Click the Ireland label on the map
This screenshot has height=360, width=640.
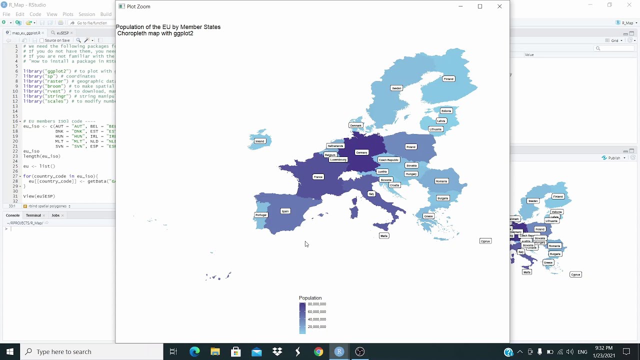[259, 141]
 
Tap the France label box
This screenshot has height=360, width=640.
[318, 176]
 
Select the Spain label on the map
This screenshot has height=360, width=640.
[285, 211]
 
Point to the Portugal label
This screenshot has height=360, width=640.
[261, 215]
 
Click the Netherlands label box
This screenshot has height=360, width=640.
[335, 146]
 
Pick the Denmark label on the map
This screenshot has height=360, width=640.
[355, 125]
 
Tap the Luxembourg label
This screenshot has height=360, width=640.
[338, 159]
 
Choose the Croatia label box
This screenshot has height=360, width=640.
[394, 185]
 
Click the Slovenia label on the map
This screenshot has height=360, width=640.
[386, 180]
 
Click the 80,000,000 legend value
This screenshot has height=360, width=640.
[316, 304]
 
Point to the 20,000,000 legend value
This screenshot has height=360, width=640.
[316, 326]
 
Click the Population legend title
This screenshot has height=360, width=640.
[310, 298]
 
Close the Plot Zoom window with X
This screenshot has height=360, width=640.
[499, 6]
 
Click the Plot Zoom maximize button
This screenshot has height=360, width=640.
[480, 6]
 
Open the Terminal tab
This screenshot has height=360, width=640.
[33, 215]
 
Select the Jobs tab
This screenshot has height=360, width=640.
[55, 215]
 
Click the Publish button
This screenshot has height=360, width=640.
[613, 158]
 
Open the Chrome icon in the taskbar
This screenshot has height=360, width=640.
[318, 351]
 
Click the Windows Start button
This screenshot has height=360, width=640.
[10, 351]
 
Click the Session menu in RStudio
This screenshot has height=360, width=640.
[86, 14]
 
